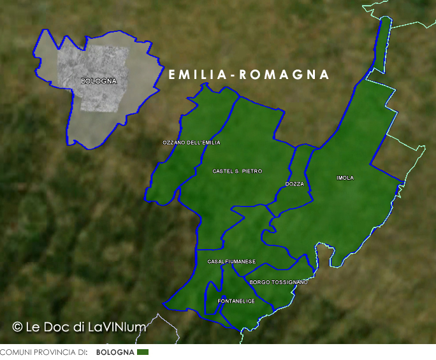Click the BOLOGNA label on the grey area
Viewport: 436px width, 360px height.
coord(99,82)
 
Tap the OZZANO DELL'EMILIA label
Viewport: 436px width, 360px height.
coord(191,143)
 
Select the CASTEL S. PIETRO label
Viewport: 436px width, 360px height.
coord(237,171)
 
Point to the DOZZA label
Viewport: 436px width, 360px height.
coord(294,184)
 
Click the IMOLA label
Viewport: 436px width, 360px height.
coord(345,178)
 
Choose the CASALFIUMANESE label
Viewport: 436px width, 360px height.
coord(231,262)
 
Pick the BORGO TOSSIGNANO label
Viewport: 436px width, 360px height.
coord(279,282)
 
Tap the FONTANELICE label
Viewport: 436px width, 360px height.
coord(236,301)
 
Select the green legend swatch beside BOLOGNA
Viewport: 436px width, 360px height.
coord(142,352)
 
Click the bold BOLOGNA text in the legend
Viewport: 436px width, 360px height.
coord(115,352)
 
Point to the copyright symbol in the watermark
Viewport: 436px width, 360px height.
coord(18,327)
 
